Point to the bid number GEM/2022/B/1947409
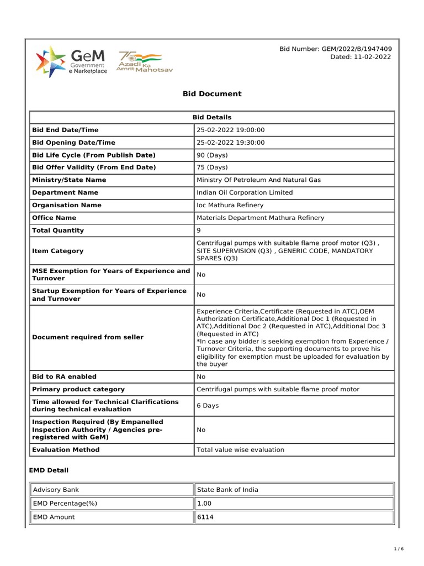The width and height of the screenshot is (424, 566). pyautogui.click(x=336, y=49)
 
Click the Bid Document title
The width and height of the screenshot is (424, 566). pyautogui.click(x=212, y=94)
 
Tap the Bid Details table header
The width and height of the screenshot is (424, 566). pyautogui.click(x=212, y=117)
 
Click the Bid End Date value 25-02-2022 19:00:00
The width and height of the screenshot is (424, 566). pyautogui.click(x=231, y=130)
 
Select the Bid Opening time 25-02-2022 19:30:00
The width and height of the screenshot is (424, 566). pyautogui.click(x=231, y=143)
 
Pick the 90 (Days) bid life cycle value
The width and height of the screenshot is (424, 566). pyautogui.click(x=212, y=155)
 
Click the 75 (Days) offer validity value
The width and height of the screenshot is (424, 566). pyautogui.click(x=212, y=167)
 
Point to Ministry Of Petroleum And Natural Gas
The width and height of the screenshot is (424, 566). pyautogui.click(x=258, y=180)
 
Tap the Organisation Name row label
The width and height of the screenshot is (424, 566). pyautogui.click(x=67, y=205)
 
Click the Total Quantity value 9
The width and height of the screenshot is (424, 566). pyautogui.click(x=199, y=230)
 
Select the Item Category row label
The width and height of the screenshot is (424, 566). pyautogui.click(x=58, y=251)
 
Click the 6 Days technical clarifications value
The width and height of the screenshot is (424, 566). pyautogui.click(x=208, y=406)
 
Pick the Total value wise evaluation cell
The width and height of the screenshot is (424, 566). pyautogui.click(x=240, y=450)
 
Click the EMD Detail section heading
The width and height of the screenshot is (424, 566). pyautogui.click(x=49, y=470)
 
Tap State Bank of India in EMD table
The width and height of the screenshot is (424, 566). pyautogui.click(x=227, y=490)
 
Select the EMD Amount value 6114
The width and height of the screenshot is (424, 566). pyautogui.click(x=205, y=517)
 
